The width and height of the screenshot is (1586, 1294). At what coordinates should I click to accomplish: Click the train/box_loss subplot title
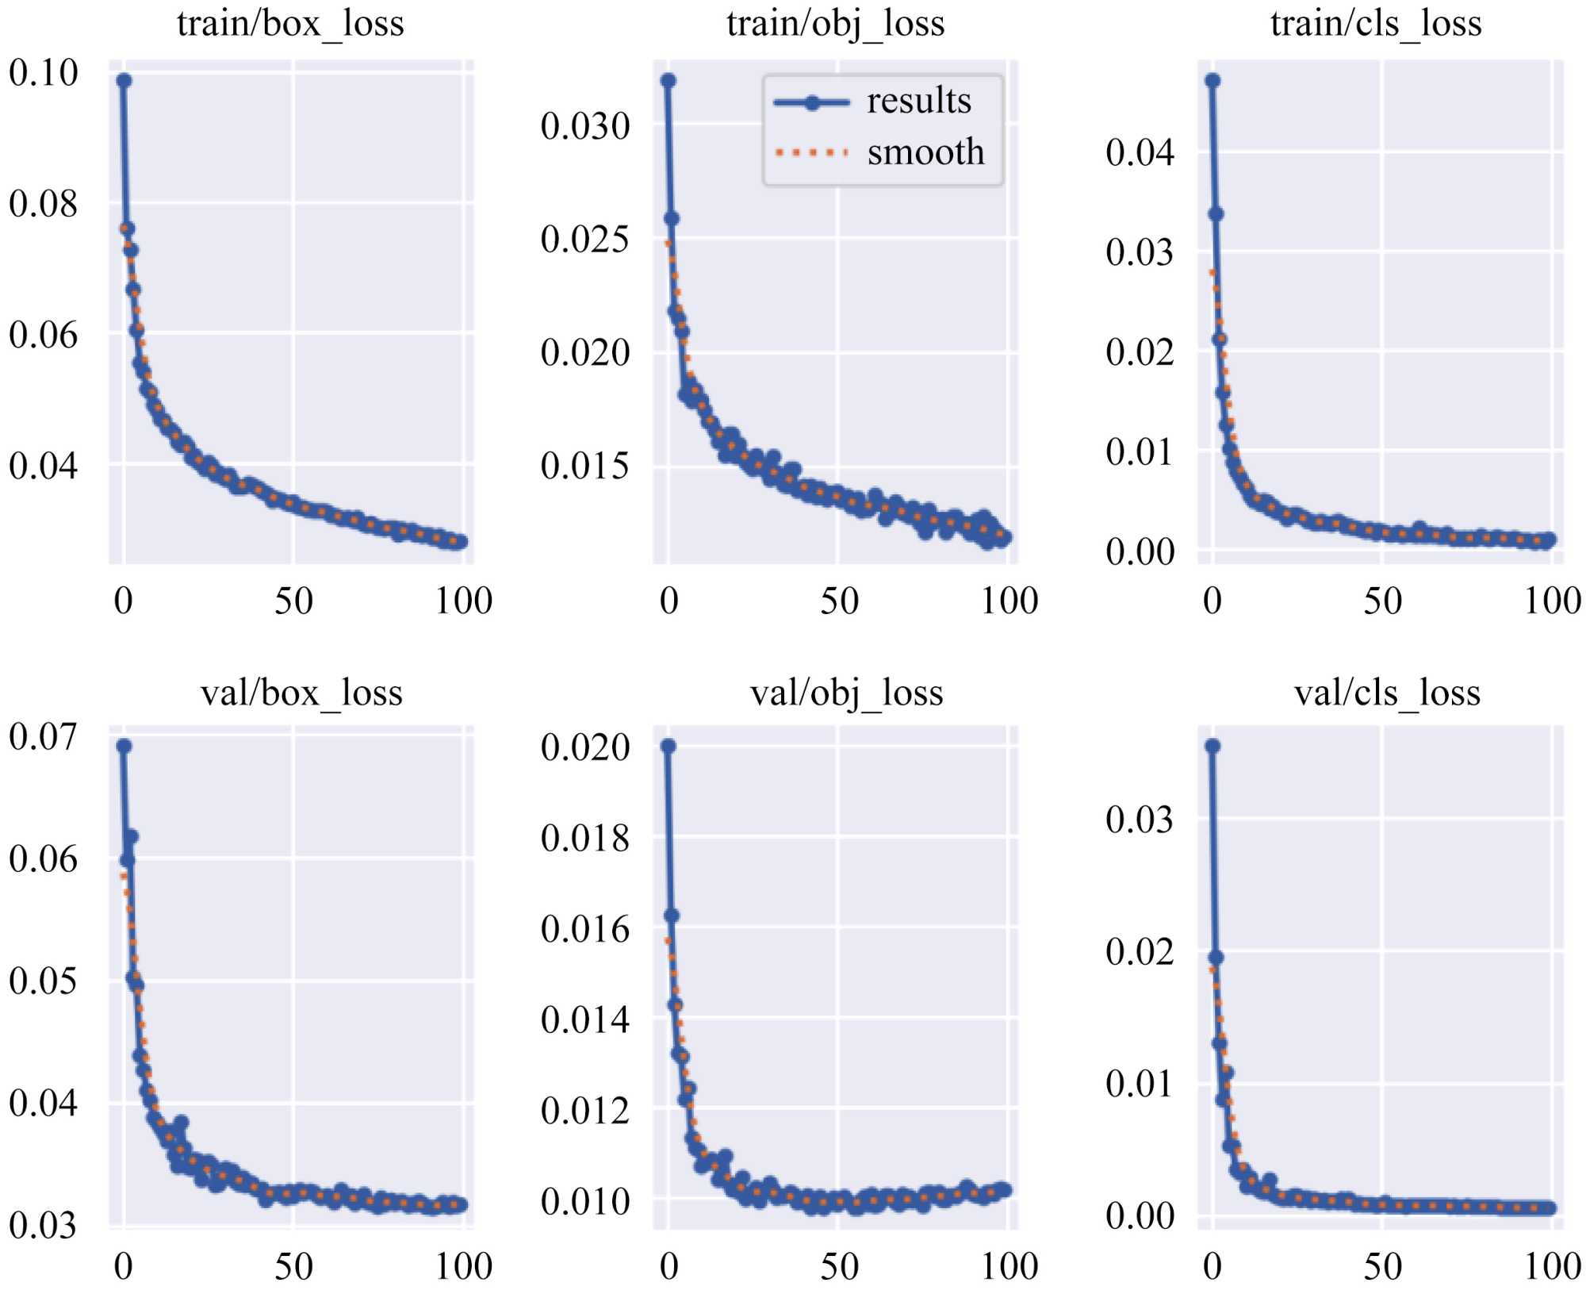pos(290,24)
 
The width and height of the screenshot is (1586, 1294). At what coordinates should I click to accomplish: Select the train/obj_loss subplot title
pos(836,24)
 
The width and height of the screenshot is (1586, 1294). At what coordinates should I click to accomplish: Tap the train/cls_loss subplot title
pos(1376,24)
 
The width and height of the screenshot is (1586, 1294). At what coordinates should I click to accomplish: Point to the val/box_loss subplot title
pos(301,693)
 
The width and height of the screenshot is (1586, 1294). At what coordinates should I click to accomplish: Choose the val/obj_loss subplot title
pos(847,693)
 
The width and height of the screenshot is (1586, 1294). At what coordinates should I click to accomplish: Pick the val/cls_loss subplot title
pos(1387,693)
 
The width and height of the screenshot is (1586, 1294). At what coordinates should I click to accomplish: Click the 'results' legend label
pos(919,102)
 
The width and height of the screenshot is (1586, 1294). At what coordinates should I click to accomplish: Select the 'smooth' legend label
pos(925,152)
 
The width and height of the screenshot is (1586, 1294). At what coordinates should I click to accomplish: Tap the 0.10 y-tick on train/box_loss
pos(44,73)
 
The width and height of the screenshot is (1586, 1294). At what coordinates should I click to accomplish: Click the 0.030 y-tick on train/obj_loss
pos(585,126)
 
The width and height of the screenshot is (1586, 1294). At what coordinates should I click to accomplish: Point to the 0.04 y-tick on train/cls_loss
pos(1140,152)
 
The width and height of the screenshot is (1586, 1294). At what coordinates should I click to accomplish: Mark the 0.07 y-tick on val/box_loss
pos(44,737)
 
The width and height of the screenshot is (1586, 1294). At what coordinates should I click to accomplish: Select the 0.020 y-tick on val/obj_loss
pos(585,747)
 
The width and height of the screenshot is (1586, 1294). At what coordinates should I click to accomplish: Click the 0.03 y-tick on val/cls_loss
pos(1140,819)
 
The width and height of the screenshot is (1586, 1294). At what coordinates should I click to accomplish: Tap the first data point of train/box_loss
pos(125,80)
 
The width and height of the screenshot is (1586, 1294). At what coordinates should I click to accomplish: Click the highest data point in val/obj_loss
pos(668,746)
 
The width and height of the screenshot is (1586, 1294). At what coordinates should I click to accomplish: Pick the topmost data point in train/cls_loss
pos(1212,80)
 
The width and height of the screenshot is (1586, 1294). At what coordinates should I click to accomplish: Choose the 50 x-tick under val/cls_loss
pos(1382,1266)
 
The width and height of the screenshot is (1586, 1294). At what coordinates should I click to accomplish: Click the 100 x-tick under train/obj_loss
pos(1009,601)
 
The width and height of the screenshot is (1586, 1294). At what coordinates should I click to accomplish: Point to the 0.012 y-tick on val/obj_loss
pos(585,1111)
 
